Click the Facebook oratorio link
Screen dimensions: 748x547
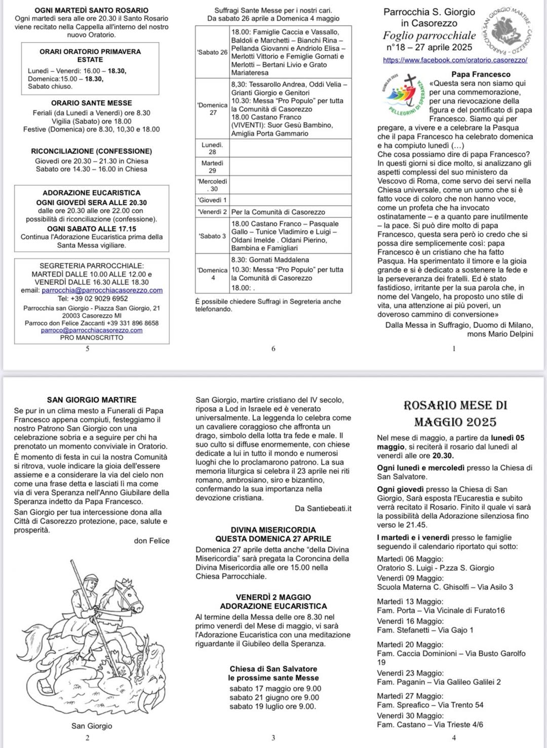(x=455, y=60)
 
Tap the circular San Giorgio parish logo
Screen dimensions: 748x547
(x=506, y=30)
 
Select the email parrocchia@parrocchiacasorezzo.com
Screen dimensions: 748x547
(x=102, y=290)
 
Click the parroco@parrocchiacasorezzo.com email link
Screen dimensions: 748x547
(x=92, y=330)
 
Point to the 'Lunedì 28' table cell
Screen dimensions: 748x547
(x=212, y=148)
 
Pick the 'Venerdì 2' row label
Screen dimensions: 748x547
(x=212, y=212)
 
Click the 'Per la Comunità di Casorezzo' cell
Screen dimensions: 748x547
(x=278, y=212)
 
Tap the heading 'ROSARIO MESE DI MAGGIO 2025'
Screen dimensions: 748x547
(x=455, y=414)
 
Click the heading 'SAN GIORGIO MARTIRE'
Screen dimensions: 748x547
(x=92, y=400)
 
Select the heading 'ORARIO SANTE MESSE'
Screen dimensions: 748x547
(x=92, y=103)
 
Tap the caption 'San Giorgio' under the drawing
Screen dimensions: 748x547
(x=92, y=726)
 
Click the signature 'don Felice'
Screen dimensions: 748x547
(x=151, y=541)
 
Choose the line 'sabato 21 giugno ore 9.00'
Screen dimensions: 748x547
(x=274, y=697)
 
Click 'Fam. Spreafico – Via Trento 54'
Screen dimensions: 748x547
(x=430, y=705)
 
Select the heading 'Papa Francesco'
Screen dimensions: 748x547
(x=481, y=74)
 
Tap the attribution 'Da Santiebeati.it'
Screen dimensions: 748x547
(x=323, y=508)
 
